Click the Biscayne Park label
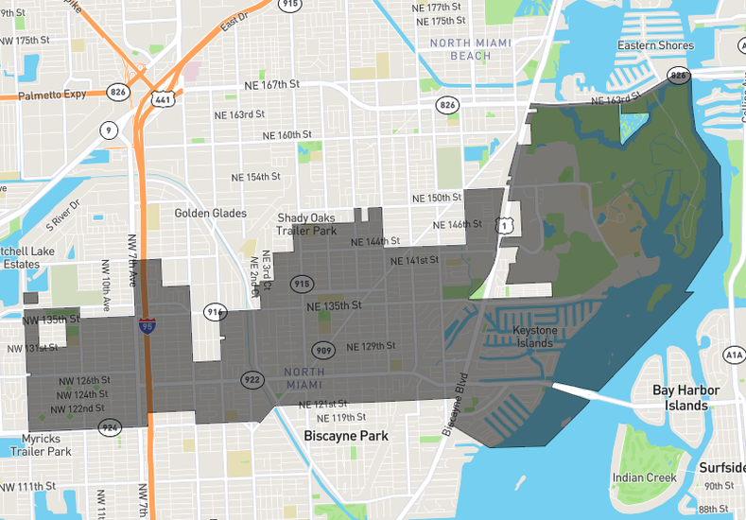pos(346,436)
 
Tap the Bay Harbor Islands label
pos(685,398)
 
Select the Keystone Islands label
pos(535,337)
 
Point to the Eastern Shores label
pos(655,45)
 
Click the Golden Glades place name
pos(210,214)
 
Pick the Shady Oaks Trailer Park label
pos(306,225)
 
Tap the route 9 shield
pos(111,130)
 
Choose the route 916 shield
pos(216,312)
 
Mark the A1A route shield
pos(735,355)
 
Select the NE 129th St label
pos(371,346)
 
